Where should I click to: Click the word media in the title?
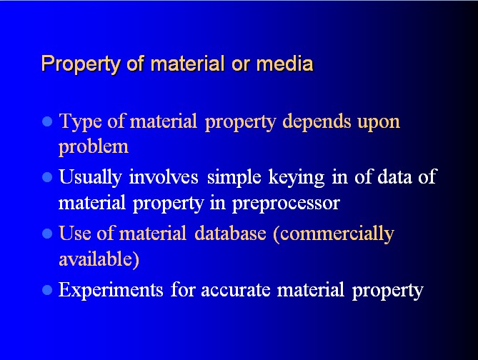(284, 64)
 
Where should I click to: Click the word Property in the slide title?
(81, 64)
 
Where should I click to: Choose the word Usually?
(91, 178)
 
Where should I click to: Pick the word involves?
(164, 177)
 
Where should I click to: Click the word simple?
(234, 178)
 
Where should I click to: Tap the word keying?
(297, 178)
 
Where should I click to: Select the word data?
(395, 177)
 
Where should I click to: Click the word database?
(231, 233)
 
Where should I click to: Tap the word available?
(99, 259)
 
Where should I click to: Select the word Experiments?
(111, 290)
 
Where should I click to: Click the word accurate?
(236, 291)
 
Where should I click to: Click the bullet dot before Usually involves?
(47, 177)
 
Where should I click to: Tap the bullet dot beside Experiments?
(47, 290)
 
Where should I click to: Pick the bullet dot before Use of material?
(47, 234)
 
